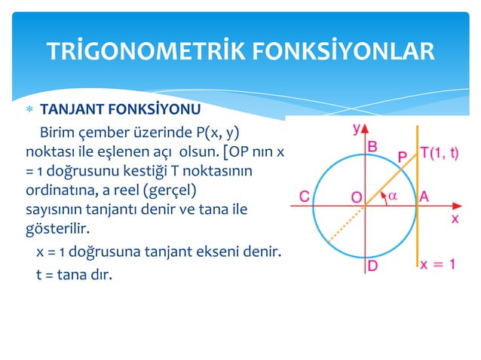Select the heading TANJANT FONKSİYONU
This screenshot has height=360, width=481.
pyautogui.click(x=120, y=108)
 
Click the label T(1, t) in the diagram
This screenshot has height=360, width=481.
pyautogui.click(x=440, y=152)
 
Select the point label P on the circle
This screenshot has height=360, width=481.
pyautogui.click(x=403, y=157)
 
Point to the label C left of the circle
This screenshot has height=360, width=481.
pyautogui.click(x=305, y=197)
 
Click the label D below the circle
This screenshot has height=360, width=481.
pyautogui.click(x=372, y=266)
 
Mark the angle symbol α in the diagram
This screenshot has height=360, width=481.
pyautogui.click(x=392, y=195)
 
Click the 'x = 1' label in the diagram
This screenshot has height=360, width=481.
pyautogui.click(x=438, y=264)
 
